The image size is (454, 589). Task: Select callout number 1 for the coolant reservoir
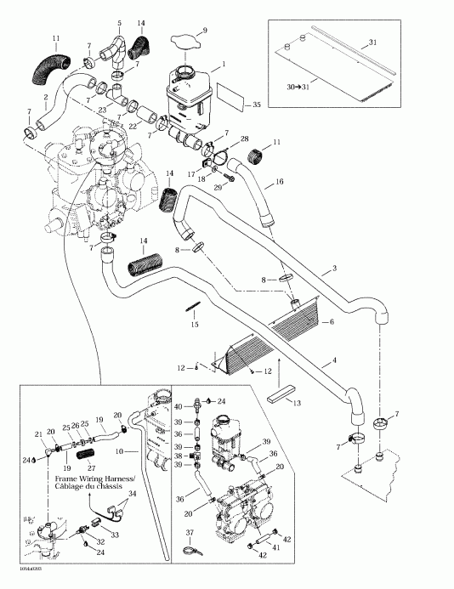[x=224, y=65]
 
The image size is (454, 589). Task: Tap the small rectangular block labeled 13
[x=280, y=396]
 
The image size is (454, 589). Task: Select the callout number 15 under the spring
[x=194, y=324]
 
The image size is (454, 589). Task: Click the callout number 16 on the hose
[x=278, y=182]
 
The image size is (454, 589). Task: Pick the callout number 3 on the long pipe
[x=335, y=268]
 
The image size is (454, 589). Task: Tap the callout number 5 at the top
[x=119, y=21]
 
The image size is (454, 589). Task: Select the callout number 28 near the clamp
[x=245, y=138]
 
